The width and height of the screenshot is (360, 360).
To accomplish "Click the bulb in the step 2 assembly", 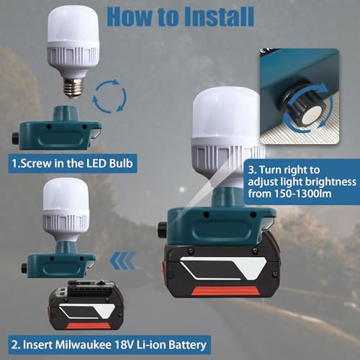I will (73, 209).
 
